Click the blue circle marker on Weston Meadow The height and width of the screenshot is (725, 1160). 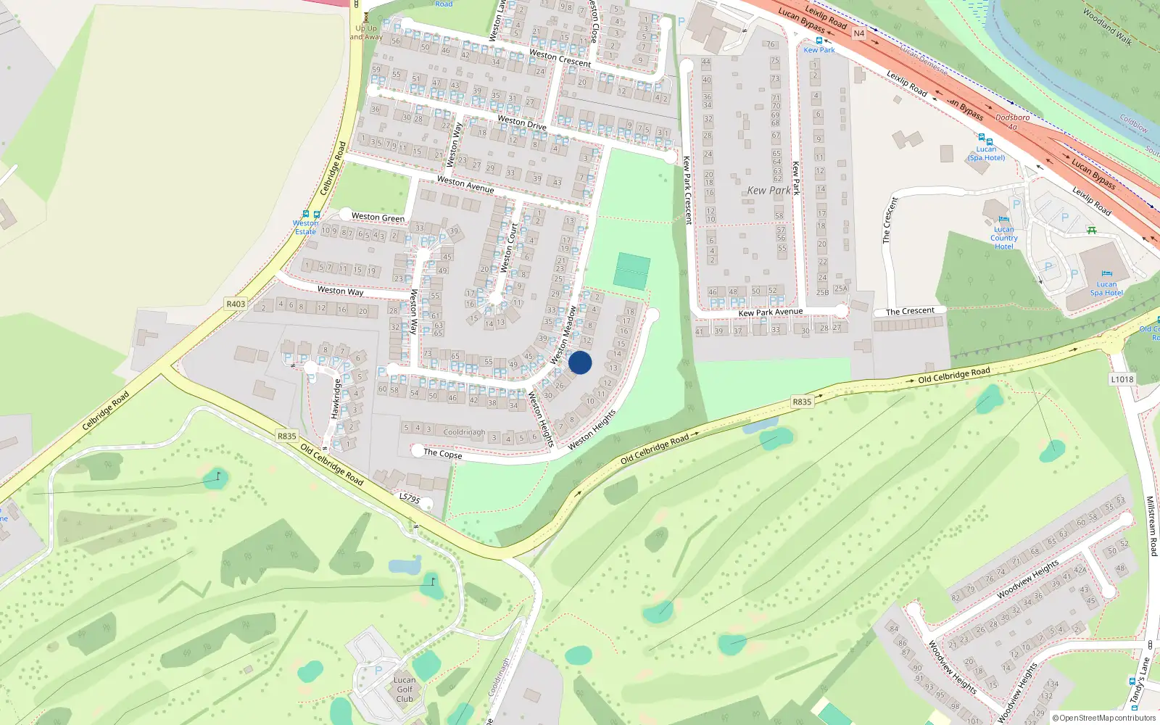[580, 362]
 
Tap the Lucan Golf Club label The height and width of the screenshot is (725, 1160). [405, 689]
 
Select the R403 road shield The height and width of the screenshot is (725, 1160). [236, 304]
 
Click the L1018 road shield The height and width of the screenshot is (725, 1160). [1122, 379]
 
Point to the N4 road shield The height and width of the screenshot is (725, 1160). [858, 33]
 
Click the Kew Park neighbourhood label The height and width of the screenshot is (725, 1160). [768, 191]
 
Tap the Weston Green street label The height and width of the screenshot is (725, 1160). [378, 217]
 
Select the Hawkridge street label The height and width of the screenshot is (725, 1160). [336, 398]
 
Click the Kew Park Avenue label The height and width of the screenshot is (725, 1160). [770, 312]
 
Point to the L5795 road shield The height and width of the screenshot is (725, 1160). [410, 498]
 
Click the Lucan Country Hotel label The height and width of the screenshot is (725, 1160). [1004, 238]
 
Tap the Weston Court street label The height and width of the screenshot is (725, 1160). [509, 248]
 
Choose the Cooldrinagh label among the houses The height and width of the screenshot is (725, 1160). [464, 432]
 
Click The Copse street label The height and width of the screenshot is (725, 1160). [442, 454]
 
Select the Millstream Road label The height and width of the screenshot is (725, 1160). [1151, 526]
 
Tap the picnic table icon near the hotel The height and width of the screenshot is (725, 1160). [1092, 230]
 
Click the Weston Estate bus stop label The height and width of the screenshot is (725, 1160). [305, 227]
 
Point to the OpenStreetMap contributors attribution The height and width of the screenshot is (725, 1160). [1103, 718]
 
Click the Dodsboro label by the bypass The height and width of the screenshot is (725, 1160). [1012, 117]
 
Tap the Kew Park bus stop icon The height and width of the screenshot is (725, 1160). [819, 41]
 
